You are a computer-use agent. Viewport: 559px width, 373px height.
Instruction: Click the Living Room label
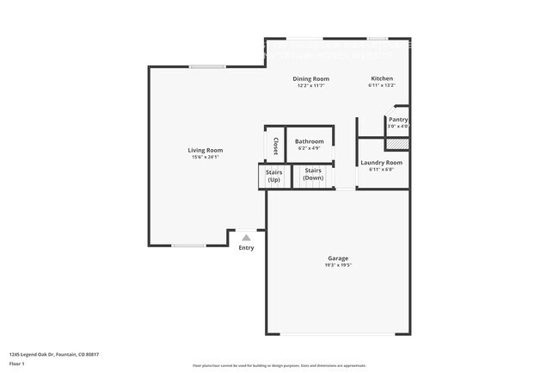[206, 150]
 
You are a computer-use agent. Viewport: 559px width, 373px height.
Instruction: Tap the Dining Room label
[310, 78]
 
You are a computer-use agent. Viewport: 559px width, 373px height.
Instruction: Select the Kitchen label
[381, 78]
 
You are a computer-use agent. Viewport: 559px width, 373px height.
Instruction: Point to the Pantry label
[398, 120]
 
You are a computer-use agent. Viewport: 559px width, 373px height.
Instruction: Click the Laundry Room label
[381, 162]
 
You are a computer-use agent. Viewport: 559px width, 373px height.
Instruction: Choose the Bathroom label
[310, 141]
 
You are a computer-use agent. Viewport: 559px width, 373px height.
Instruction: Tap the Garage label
[337, 258]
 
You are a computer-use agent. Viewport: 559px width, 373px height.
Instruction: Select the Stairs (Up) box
[273, 176]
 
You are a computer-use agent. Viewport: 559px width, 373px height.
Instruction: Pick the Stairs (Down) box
[313, 176]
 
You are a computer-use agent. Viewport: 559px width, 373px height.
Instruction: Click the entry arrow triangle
[247, 237]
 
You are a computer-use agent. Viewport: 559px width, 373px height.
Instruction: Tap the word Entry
[247, 248]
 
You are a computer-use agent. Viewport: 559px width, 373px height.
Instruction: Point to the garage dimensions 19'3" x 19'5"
[337, 265]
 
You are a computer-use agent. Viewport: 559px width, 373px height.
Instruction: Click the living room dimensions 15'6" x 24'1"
[206, 157]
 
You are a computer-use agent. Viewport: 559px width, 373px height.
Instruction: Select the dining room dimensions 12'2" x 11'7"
[310, 85]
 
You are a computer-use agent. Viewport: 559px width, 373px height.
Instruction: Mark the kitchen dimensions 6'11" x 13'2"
[381, 85]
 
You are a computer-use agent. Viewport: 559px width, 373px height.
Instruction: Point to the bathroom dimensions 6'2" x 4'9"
[310, 148]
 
